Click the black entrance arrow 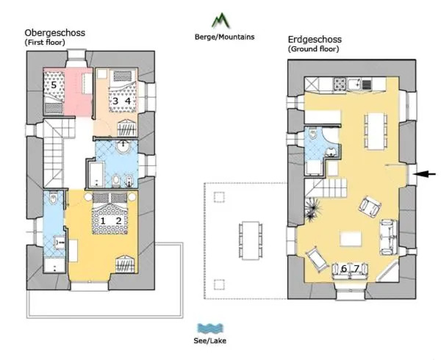point(426,174)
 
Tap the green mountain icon point(220,21)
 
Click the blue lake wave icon point(210,328)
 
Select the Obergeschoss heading point(55,32)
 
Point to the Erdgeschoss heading point(315,40)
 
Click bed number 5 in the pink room point(54,92)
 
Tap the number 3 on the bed point(115,101)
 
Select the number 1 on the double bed point(103,221)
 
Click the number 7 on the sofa point(356,269)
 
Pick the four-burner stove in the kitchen point(340,84)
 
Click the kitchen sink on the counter point(354,84)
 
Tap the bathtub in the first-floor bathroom point(96,175)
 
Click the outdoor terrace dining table point(250,240)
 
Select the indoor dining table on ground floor point(376,131)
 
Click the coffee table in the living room point(351,239)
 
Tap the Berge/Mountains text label point(224,37)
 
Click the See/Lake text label point(209,341)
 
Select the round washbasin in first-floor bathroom point(123,146)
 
